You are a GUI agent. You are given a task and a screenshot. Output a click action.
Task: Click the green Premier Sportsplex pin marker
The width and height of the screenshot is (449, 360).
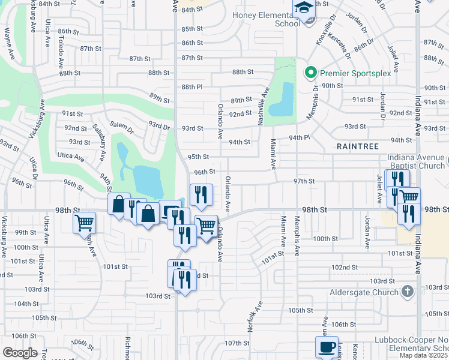click(x=310, y=73)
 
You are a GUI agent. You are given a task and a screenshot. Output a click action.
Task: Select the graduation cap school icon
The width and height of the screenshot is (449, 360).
click(x=304, y=10)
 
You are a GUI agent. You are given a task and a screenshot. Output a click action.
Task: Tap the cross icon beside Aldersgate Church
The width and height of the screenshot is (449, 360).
click(x=408, y=292)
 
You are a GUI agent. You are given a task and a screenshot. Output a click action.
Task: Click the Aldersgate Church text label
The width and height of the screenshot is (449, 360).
click(x=364, y=292)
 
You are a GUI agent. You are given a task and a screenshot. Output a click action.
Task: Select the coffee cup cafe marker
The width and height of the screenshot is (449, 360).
click(x=327, y=347)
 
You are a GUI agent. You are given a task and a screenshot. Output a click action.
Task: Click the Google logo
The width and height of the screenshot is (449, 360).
click(x=20, y=352)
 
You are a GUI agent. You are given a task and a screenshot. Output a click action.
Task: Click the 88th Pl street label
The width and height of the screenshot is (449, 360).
click(x=192, y=86)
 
